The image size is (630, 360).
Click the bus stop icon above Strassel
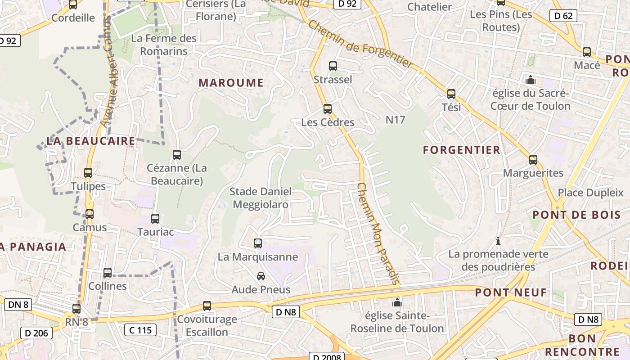point(333,66)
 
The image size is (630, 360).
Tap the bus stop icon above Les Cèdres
point(328,109)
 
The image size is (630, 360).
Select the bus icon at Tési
point(451,94)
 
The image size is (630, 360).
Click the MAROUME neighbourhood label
point(231,83)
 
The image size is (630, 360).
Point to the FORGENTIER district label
point(462,150)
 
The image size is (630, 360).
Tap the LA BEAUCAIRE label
point(91,141)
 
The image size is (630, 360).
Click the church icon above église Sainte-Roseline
point(397,302)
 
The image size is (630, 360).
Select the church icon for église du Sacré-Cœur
point(531,80)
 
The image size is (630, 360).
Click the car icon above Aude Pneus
point(261,276)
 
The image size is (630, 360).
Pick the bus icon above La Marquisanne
point(258,243)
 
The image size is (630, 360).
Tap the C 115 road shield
point(140,330)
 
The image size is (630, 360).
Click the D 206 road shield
point(36,333)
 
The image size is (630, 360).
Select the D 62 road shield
point(563,16)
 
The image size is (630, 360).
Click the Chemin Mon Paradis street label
point(378,234)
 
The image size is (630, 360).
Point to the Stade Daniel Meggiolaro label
point(261,198)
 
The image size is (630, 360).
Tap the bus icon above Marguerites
point(533,160)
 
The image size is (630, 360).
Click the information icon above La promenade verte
point(498,241)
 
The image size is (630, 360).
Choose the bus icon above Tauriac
point(155,219)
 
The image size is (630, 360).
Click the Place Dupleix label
point(590,193)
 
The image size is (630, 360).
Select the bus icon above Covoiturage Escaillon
point(207,306)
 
